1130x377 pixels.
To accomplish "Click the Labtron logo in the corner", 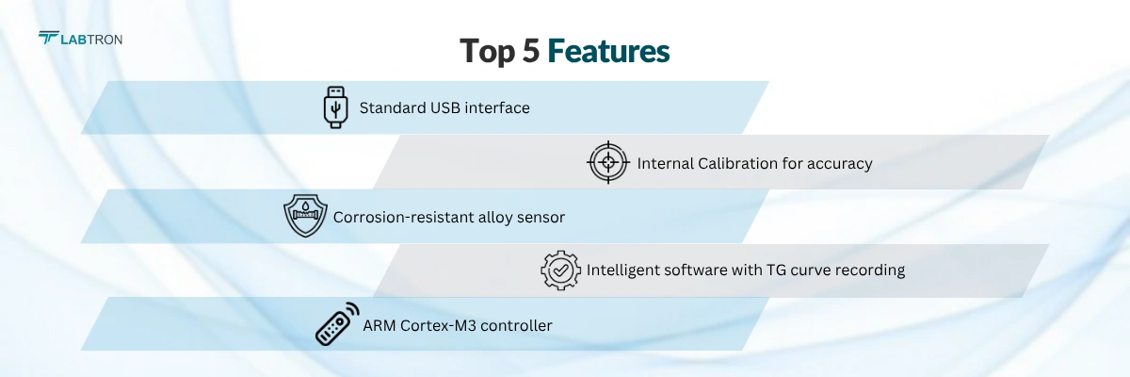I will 80,39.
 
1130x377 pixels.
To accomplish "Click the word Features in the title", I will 608,51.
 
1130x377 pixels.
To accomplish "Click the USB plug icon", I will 335,107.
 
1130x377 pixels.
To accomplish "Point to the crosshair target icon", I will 608,162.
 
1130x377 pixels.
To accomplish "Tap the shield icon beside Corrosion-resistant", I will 304,216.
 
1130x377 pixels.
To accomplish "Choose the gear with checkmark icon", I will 560,270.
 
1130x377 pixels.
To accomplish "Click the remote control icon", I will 337,324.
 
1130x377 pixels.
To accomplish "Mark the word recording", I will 871,270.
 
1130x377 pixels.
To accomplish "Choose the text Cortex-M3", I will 441,325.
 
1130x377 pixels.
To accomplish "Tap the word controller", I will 517,325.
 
